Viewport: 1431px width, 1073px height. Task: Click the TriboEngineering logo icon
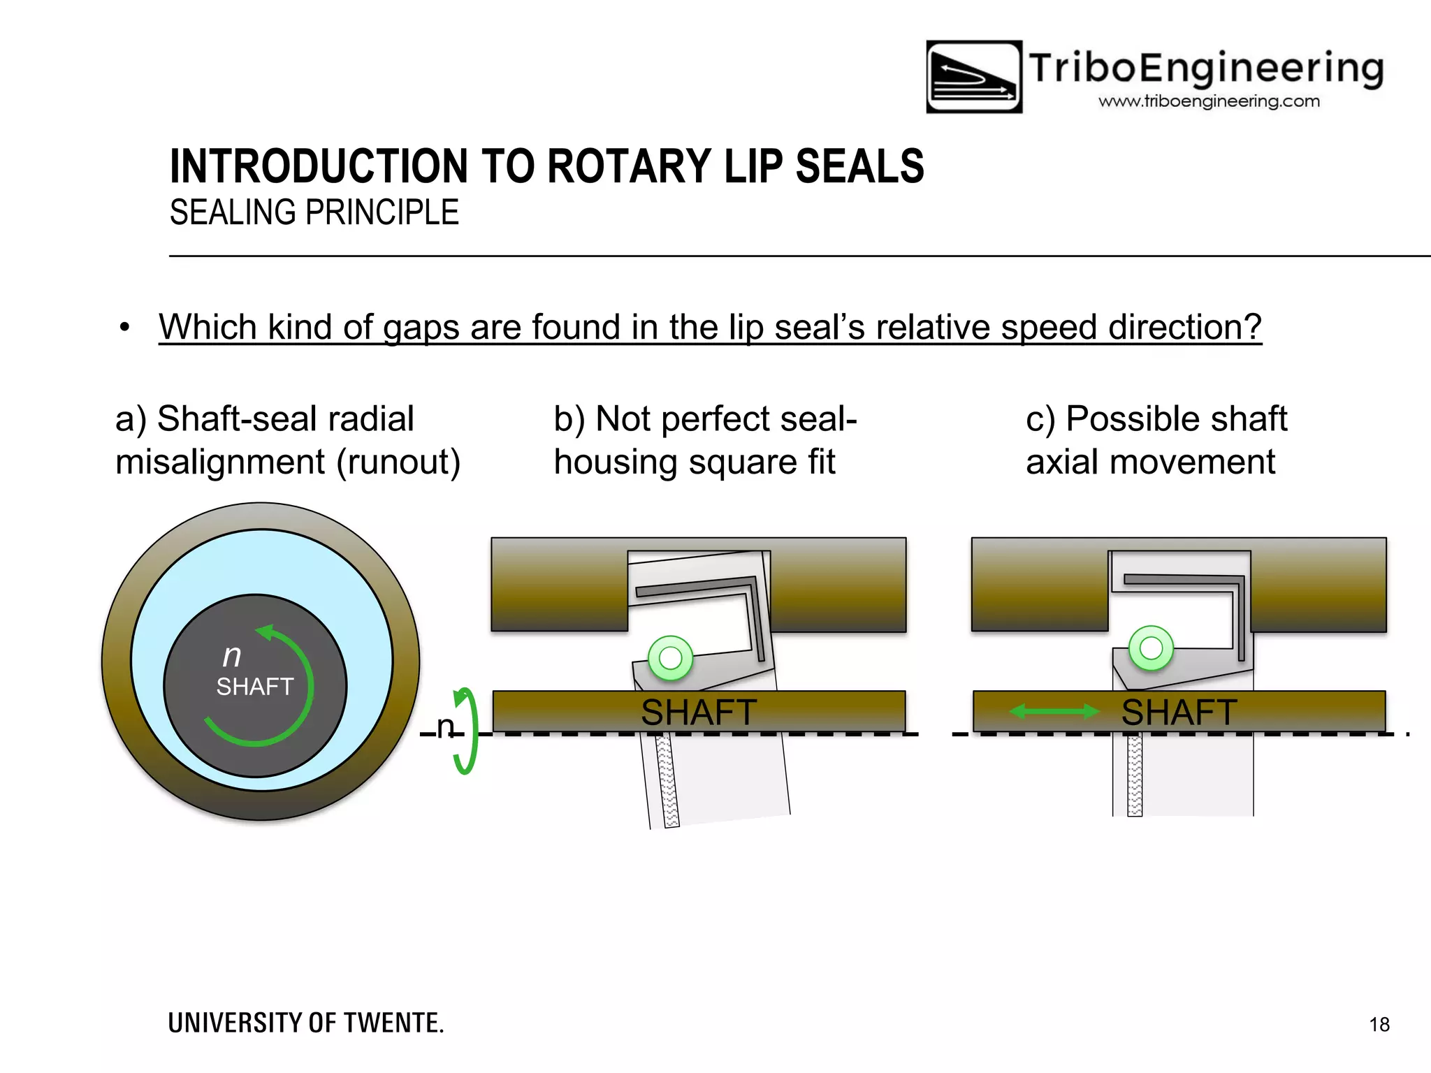[973, 77]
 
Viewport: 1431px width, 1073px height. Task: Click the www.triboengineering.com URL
[1209, 101]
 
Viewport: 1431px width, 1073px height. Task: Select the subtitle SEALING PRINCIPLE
[314, 212]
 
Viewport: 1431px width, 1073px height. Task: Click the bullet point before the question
[124, 327]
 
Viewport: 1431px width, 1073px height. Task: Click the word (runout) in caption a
[398, 462]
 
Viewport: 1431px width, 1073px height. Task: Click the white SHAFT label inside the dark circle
[254, 687]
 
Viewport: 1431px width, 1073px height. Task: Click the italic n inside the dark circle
[232, 655]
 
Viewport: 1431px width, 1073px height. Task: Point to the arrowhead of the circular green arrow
[266, 632]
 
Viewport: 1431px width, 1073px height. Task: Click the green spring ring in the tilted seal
[670, 657]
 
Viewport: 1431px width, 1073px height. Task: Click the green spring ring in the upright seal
[1151, 648]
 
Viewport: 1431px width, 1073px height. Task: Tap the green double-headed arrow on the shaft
[1055, 712]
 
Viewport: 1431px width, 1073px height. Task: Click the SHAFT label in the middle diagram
[698, 713]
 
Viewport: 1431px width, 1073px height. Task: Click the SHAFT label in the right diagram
[1179, 713]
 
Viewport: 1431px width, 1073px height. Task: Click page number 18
[1379, 1024]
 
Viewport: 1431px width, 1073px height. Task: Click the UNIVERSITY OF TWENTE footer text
[306, 1023]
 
